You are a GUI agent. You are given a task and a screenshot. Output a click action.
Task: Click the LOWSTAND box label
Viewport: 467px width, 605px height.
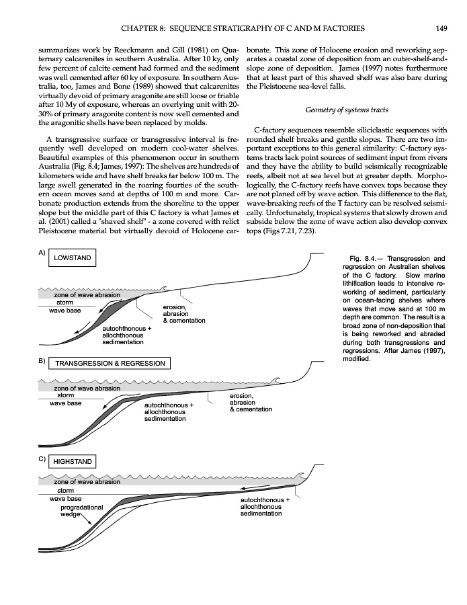click(72, 258)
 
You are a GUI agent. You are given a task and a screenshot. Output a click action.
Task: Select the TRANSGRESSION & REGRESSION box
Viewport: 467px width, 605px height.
click(110, 363)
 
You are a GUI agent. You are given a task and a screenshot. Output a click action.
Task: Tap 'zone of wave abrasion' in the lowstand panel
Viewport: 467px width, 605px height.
click(87, 294)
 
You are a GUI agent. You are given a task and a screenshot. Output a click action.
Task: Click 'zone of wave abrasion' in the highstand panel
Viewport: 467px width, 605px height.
click(87, 481)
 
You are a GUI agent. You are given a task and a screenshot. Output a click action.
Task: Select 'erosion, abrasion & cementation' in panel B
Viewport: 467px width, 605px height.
click(251, 403)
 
